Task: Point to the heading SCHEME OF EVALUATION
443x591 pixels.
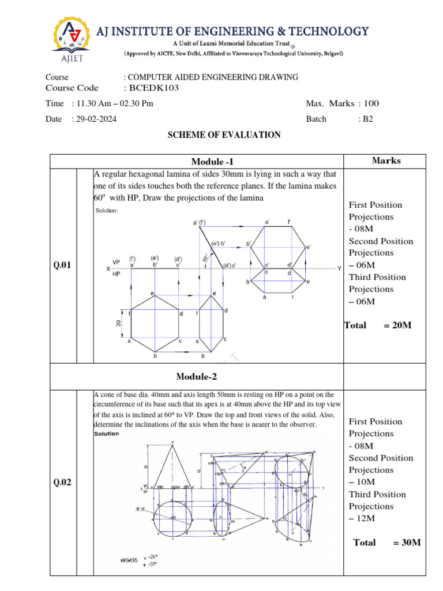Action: [x=224, y=135]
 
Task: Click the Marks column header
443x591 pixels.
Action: [x=386, y=160]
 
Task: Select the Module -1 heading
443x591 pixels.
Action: [x=213, y=162]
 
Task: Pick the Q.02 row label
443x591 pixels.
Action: [x=62, y=482]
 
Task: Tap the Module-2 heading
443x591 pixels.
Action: [x=197, y=377]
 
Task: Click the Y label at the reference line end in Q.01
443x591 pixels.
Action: [x=339, y=268]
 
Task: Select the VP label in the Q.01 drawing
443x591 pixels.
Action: [x=117, y=262]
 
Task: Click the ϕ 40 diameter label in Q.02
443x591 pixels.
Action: [x=141, y=508]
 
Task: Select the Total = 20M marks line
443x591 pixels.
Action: [x=378, y=326]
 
